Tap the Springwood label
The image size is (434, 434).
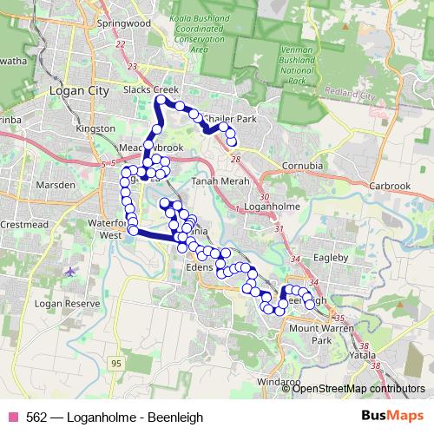pos(124,23)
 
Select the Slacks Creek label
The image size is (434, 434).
pos(151,89)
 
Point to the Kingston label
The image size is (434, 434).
pos(95,128)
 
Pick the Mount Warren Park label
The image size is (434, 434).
pos(311,335)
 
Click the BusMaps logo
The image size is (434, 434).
pos(391,417)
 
